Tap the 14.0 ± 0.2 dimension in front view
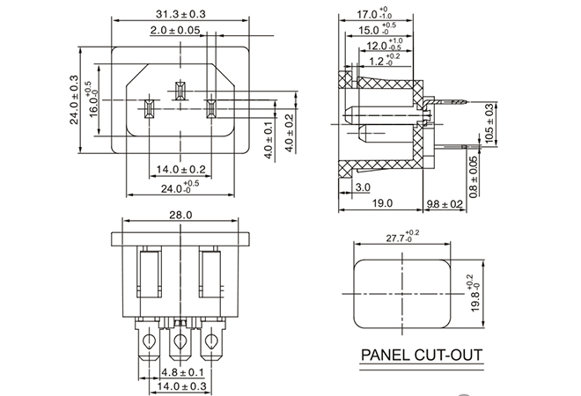coord(180,168)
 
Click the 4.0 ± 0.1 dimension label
coord(269,138)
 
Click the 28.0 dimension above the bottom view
coord(180,215)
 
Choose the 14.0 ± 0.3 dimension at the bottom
coord(180,385)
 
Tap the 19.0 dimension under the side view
coord(381,203)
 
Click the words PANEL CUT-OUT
coord(423,357)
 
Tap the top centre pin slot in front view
coord(180,92)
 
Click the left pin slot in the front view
coord(149,110)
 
